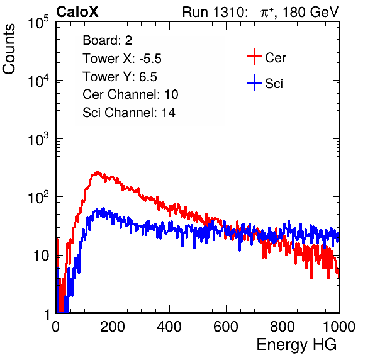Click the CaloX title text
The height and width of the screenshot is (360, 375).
click(77, 12)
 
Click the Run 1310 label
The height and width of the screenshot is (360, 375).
click(215, 12)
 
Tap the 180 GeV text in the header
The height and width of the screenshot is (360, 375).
click(311, 12)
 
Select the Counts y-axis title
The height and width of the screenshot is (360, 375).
click(9, 49)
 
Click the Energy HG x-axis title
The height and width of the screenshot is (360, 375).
click(296, 345)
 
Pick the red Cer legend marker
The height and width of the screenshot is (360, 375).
click(254, 57)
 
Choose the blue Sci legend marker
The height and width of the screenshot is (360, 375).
click(254, 82)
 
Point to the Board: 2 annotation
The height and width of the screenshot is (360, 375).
click(108, 40)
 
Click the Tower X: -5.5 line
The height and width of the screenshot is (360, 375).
click(122, 59)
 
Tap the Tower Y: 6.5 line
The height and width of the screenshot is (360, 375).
click(120, 77)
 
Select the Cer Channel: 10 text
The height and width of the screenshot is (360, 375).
click(130, 94)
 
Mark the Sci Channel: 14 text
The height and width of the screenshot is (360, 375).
click(129, 113)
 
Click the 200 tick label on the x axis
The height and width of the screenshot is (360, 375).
click(113, 327)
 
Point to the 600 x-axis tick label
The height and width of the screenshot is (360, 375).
click(226, 327)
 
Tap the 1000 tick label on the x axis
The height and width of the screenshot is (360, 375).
click(339, 327)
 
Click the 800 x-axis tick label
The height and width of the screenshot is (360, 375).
click(283, 327)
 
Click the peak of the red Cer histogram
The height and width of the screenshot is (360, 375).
click(97, 172)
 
